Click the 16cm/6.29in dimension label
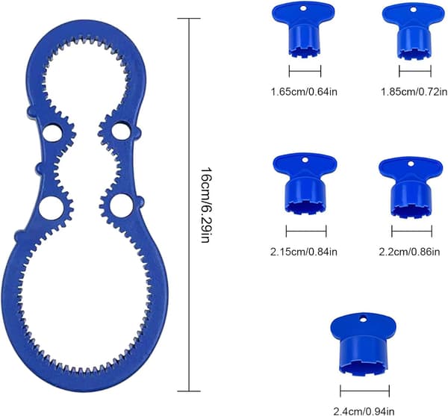pyautogui.click(x=206, y=205)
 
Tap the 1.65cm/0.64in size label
pyautogui.click(x=304, y=92)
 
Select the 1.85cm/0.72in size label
pyautogui.click(x=414, y=92)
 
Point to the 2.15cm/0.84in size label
pyautogui.click(x=304, y=252)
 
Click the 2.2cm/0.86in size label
pyautogui.click(x=409, y=252)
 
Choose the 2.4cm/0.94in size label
pyautogui.click(x=364, y=412)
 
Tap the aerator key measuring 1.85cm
pyautogui.click(x=414, y=32)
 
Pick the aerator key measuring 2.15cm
pyautogui.click(x=305, y=183)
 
